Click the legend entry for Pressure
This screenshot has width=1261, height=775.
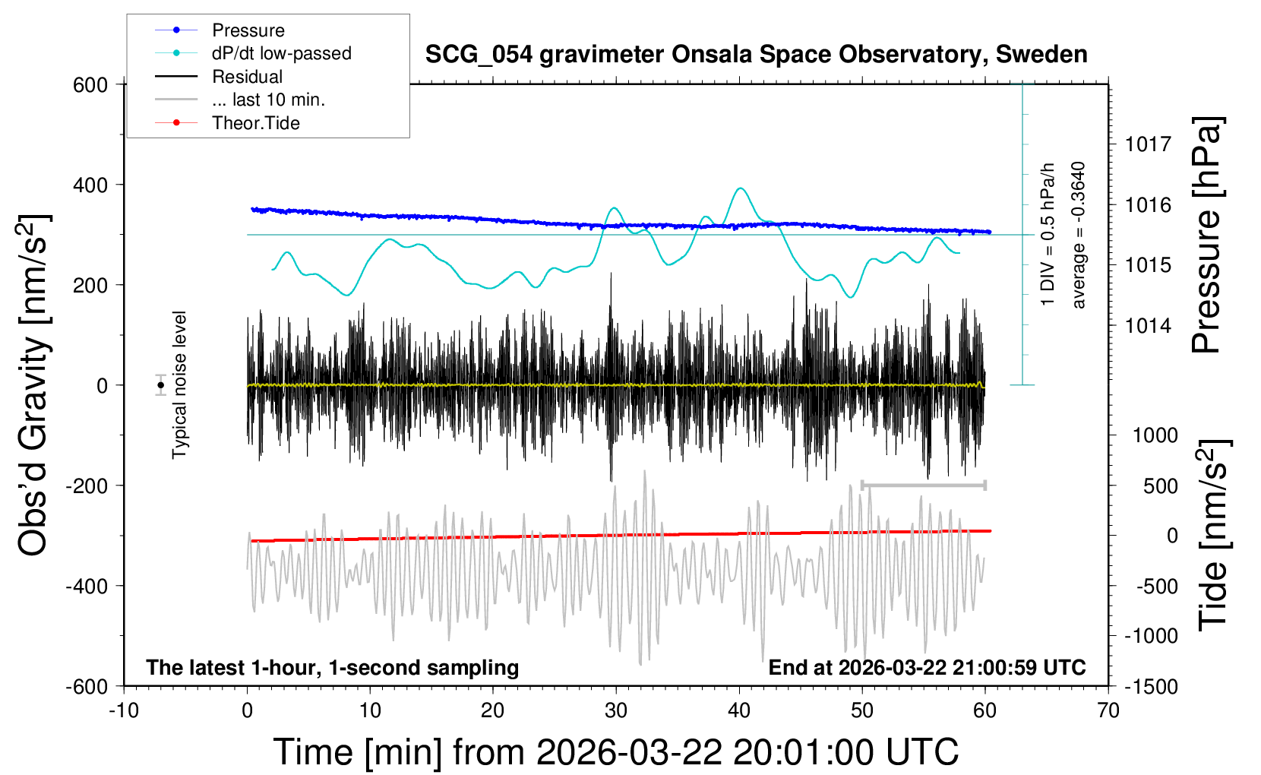248,30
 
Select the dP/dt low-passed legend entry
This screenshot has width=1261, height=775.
281,53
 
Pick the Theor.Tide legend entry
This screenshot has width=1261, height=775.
255,123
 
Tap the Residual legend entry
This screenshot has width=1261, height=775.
247,77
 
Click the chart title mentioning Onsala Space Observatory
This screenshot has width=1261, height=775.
756,55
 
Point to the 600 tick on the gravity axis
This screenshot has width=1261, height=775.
90,85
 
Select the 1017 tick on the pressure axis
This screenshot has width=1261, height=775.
1148,144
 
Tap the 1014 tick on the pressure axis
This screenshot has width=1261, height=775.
1148,326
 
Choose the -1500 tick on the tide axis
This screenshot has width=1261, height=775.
1151,687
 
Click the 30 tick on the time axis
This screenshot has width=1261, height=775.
616,710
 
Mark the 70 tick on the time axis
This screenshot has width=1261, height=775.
1108,710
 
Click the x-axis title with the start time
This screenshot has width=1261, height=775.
616,752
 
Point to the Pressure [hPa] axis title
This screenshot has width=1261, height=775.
1206,235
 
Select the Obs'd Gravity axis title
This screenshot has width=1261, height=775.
34,385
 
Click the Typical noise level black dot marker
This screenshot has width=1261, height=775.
161,385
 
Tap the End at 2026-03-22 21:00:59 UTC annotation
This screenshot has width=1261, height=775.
927,668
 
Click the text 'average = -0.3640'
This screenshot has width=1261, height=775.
1079,235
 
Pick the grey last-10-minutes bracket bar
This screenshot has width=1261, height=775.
924,485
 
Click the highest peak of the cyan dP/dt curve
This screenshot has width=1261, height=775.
741,188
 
